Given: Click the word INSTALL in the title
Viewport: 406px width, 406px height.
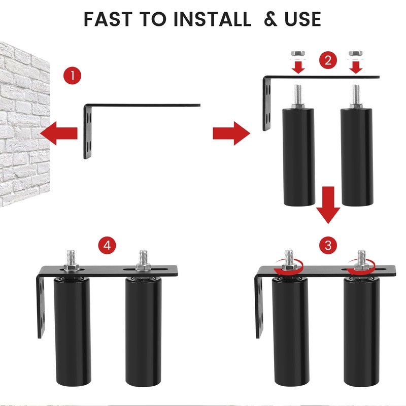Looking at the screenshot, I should [x=212, y=19].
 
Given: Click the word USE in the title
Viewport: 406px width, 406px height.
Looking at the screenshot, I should [x=299, y=19].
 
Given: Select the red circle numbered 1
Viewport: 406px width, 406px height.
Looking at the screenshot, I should [x=73, y=76].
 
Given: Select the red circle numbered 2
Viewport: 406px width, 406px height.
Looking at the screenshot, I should [x=328, y=61].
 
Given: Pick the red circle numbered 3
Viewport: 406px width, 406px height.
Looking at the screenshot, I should [x=328, y=246].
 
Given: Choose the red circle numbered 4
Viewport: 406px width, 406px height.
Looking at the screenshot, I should [x=107, y=246].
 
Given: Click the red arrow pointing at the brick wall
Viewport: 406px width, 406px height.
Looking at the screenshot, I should [x=58, y=133].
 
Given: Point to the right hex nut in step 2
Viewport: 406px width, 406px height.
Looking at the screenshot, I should [x=356, y=53].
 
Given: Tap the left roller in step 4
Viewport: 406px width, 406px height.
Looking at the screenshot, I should [x=72, y=335].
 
